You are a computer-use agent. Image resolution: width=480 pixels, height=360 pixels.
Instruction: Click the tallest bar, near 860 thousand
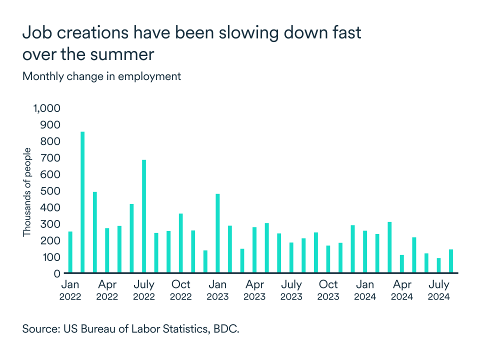pos(82,202)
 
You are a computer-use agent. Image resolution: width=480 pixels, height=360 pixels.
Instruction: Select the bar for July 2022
pos(144,216)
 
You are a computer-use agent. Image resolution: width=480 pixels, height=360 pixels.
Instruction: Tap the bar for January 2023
pos(217,233)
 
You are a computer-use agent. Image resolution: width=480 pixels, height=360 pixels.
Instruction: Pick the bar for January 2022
pos(70,252)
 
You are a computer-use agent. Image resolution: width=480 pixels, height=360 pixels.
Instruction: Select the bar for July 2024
pos(438,265)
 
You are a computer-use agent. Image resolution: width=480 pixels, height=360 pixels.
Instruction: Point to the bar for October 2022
pos(180,243)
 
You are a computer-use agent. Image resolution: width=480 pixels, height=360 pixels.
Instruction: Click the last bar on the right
pos(450,261)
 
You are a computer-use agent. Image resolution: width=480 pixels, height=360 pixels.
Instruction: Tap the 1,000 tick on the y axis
pos(46,108)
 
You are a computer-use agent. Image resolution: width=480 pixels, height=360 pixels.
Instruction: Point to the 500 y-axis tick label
pos(50,191)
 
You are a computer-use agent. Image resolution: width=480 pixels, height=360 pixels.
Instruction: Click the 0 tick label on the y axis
pos(57,273)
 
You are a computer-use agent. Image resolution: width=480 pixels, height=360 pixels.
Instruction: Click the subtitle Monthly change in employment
pos(101,76)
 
